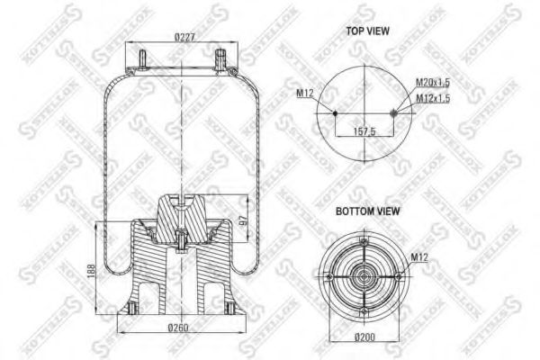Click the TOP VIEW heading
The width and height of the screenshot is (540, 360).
pyautogui.click(x=367, y=31)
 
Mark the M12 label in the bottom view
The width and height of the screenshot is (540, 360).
pyautogui.click(x=419, y=258)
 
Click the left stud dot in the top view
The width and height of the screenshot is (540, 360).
pyautogui.click(x=336, y=113)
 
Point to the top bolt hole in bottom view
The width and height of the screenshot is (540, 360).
pyautogui.click(x=364, y=241)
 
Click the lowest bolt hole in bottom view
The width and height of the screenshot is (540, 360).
pyautogui.click(x=364, y=310)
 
